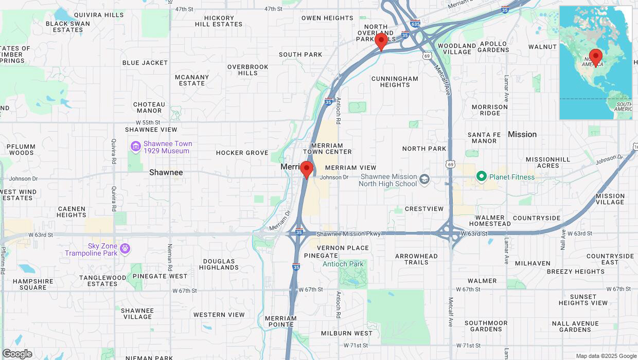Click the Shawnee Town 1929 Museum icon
click(x=135, y=147)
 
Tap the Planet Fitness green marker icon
click(x=482, y=177)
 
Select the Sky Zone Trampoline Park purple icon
click(x=125, y=249)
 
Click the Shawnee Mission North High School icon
click(x=424, y=179)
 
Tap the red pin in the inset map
click(x=596, y=57)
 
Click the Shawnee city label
click(x=166, y=172)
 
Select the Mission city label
click(x=522, y=134)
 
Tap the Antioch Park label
click(x=343, y=264)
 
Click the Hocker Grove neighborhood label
click(x=242, y=153)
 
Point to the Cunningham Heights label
click(x=395, y=82)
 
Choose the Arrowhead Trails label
click(x=416, y=259)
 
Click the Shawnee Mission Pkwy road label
click(x=348, y=233)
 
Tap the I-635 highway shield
click(x=415, y=24)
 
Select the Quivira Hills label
click(x=99, y=15)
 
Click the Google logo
click(x=17, y=353)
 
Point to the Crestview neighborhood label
click(x=424, y=209)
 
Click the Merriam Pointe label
click(x=281, y=321)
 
